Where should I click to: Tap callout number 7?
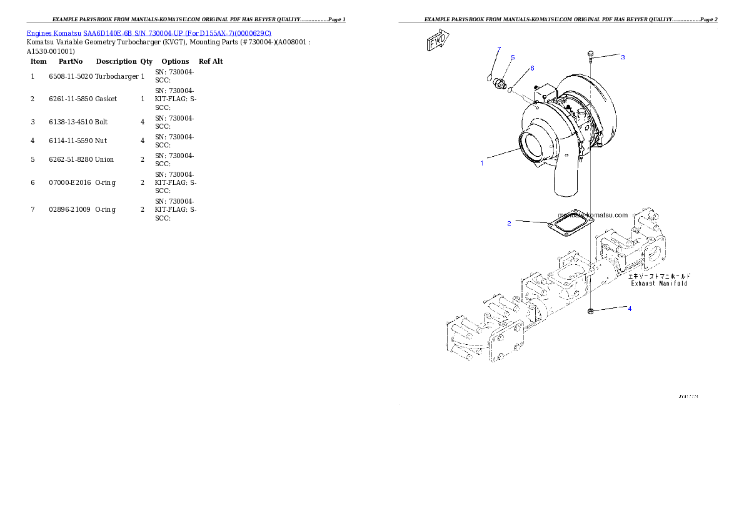point(499,49)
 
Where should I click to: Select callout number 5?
point(513,57)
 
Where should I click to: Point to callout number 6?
point(532,68)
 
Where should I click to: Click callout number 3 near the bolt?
point(623,57)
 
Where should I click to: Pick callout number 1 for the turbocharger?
point(482,164)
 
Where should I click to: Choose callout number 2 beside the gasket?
point(510,223)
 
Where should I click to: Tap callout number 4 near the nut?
point(630,309)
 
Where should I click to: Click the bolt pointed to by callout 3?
point(591,57)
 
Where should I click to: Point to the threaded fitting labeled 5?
point(498,84)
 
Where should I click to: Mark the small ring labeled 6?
point(510,89)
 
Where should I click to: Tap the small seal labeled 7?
point(490,77)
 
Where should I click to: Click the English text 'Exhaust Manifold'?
point(659,284)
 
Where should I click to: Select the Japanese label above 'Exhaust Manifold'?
point(660,275)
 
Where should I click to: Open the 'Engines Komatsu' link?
point(54,33)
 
